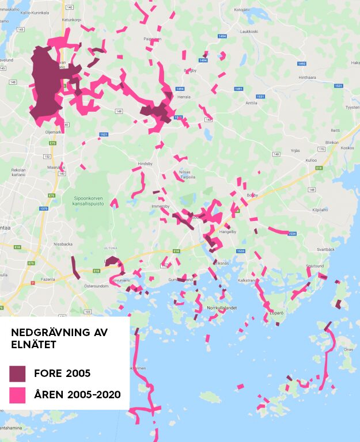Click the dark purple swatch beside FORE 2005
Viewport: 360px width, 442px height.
coord(17,374)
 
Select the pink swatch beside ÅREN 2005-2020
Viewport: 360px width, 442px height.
coord(17,395)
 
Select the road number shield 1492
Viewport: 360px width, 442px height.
coord(301,63)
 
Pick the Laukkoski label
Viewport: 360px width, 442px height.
coord(249,31)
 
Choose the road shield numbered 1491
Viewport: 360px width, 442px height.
coord(238,89)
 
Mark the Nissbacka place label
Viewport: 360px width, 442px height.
coord(63,243)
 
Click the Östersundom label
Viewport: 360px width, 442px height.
coord(96,285)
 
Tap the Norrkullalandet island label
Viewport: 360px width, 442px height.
coord(222,308)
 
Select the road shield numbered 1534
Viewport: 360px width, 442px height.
coord(292,234)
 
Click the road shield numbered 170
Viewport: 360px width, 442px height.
coord(323,148)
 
